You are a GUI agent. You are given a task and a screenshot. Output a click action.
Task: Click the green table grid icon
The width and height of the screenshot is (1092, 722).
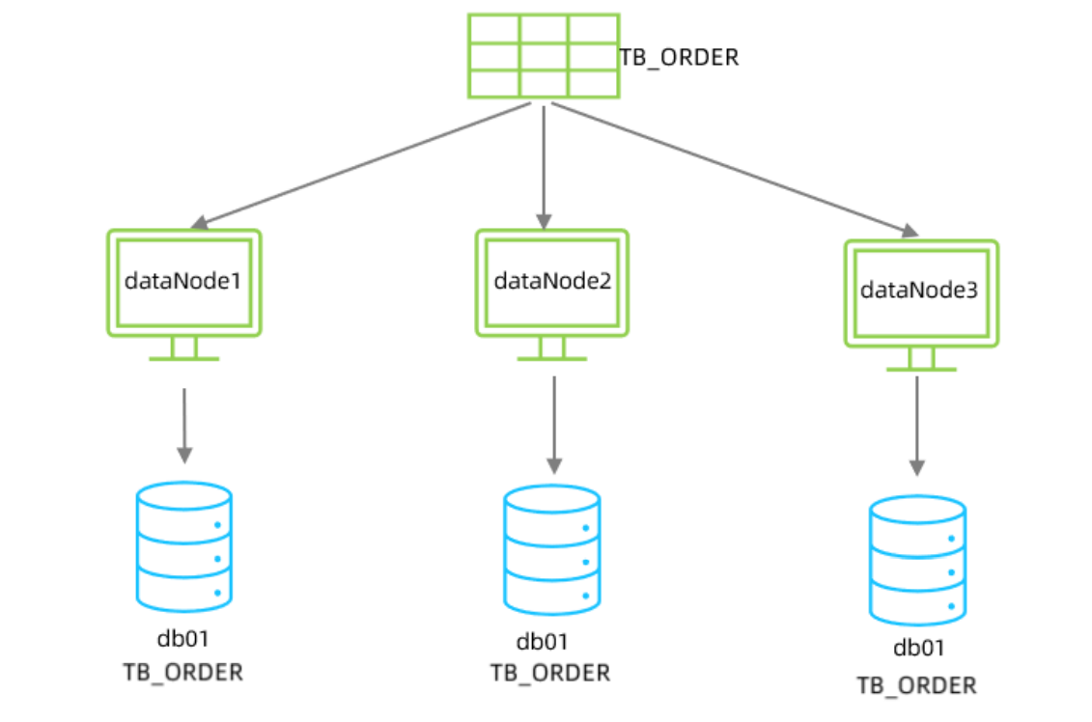pos(543,55)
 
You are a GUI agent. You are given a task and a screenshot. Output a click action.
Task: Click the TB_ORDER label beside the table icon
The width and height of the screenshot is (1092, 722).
pos(679,58)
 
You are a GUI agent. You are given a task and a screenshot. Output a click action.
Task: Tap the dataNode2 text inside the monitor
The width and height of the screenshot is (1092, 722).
pos(551,281)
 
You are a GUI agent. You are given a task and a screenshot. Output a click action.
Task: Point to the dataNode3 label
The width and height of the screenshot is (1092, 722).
pos(919,290)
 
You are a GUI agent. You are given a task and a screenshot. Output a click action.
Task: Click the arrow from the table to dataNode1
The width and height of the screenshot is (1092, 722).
pos(362,164)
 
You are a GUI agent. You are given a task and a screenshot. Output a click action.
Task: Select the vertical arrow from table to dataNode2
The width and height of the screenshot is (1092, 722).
pos(544,164)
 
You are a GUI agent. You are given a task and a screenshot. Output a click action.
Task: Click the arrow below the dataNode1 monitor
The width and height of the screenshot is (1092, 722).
pos(184,425)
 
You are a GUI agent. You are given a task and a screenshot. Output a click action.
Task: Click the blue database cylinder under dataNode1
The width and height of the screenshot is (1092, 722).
pos(184,546)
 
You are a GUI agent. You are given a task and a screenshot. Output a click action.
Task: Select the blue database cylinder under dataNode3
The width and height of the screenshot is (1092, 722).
pos(917,560)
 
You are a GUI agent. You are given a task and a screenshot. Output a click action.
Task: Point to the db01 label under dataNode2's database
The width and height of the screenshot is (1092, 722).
pos(542,642)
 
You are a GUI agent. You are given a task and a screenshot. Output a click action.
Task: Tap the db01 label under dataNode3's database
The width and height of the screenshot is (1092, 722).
pos(919,648)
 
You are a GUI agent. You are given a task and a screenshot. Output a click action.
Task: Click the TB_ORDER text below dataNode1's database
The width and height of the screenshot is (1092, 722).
pos(183,672)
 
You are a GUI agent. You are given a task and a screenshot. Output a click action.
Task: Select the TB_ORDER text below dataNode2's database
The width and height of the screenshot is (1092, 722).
pos(550,673)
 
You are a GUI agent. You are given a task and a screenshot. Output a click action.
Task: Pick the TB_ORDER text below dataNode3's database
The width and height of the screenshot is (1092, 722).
pos(916,685)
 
